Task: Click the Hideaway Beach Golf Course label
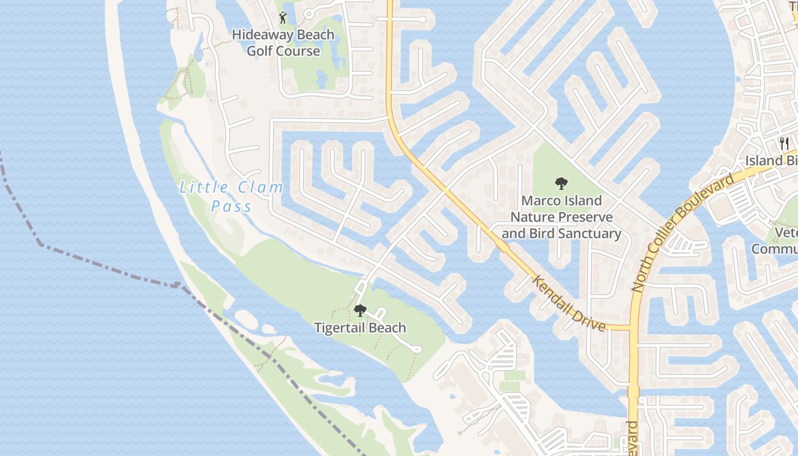283,43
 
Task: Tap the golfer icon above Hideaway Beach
283,18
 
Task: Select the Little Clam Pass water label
231,196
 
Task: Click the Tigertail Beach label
360,328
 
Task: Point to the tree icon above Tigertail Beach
360,311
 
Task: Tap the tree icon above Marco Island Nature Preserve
561,184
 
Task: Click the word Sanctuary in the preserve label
591,234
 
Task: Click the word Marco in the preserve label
542,201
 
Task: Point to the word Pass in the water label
231,206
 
